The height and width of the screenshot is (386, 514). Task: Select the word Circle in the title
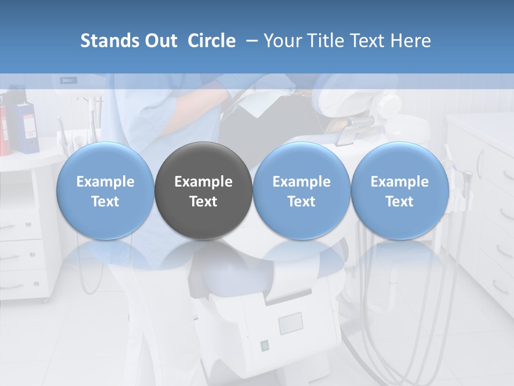point(211,41)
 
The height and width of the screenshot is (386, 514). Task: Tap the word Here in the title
point(410,41)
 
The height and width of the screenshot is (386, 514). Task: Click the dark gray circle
point(203,191)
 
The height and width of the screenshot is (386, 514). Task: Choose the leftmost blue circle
point(105,191)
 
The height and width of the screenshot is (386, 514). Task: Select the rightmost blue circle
point(399,191)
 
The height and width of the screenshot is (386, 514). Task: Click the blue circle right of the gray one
point(301,191)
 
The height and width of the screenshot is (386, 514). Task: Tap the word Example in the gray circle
point(203,182)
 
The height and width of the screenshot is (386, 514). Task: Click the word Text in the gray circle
point(203,202)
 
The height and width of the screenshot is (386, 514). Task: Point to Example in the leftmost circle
point(105,182)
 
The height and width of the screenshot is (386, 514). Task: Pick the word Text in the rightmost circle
point(399,202)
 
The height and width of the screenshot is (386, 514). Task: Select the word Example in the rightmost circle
point(399,182)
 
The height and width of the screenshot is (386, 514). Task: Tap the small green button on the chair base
point(264,345)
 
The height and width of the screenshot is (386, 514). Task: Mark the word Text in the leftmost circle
point(105,202)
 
